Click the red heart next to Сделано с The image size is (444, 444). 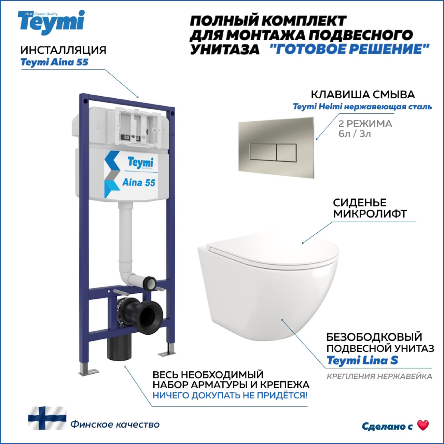[x=423, y=425]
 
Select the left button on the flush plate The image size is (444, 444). [x=263, y=152]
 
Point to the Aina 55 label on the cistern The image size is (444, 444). [x=139, y=182]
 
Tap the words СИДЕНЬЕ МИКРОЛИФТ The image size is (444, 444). [x=370, y=208]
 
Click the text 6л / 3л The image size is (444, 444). [x=355, y=134]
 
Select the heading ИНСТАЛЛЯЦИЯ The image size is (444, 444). [x=64, y=50]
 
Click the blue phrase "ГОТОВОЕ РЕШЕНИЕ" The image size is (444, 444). [x=349, y=49]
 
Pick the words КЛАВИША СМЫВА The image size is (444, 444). [x=363, y=95]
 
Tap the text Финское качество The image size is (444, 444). [x=115, y=424]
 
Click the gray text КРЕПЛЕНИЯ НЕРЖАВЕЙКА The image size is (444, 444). [x=379, y=376]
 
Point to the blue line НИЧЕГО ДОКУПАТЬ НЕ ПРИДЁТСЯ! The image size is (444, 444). [x=230, y=396]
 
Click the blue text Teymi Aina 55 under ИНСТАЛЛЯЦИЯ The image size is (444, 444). [x=54, y=62]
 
